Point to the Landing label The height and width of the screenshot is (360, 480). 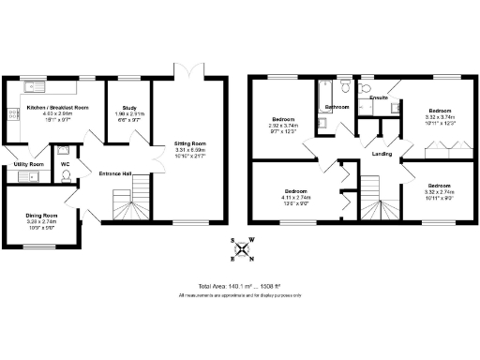(382, 153)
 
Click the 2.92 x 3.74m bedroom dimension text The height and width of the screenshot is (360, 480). (283, 128)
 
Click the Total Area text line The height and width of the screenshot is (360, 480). (240, 285)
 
